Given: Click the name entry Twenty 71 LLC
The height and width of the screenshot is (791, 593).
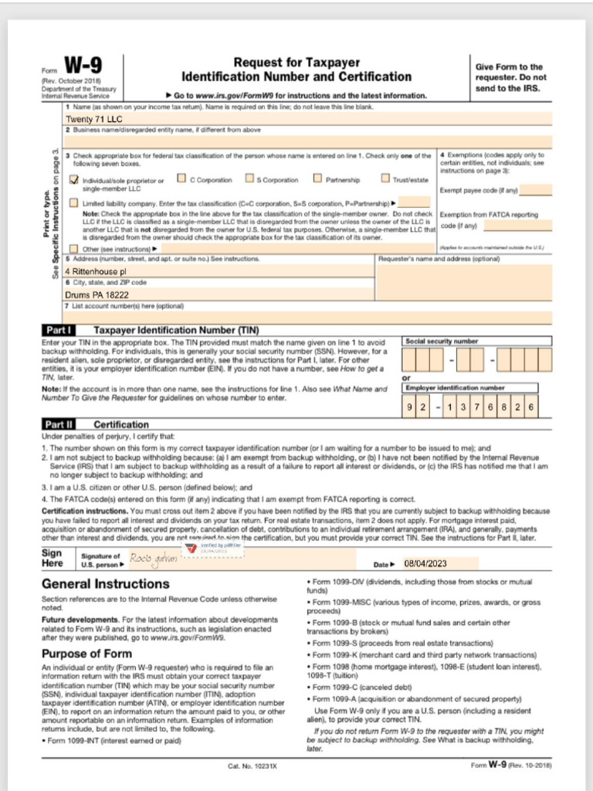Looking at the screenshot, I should [x=94, y=119].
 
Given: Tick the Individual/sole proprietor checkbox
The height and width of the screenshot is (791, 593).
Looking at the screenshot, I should [x=74, y=180].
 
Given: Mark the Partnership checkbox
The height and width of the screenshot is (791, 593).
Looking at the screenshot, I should [x=317, y=179].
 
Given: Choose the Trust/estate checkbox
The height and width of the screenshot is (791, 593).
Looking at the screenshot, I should [x=385, y=179].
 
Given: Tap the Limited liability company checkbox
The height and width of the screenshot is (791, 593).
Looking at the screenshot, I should [x=74, y=203].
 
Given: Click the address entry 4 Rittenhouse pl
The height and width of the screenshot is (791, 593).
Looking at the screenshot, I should [x=95, y=272].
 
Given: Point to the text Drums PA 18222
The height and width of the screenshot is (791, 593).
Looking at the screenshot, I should [x=97, y=294].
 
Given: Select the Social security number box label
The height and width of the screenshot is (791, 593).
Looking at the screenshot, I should [x=442, y=341].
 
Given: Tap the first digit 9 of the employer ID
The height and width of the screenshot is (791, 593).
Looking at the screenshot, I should [x=409, y=406].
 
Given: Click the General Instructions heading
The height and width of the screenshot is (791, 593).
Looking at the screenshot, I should [x=105, y=584].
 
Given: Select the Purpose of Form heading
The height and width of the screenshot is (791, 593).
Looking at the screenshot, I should [x=86, y=653].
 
